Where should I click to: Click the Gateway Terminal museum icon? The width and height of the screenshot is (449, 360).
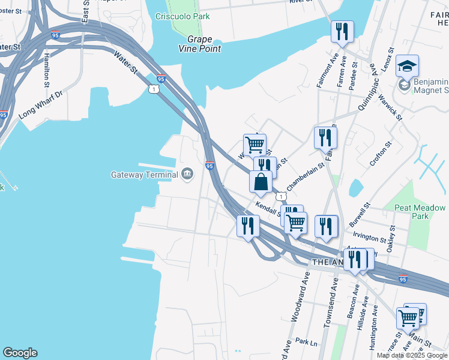pyautogui.click(x=187, y=175)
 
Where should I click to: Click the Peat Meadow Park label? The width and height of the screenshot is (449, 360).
pyautogui.click(x=420, y=212)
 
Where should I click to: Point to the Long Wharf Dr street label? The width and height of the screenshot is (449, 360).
pyautogui.click(x=41, y=103)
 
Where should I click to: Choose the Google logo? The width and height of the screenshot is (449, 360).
pyautogui.click(x=20, y=353)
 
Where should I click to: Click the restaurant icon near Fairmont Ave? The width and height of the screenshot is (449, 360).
pyautogui.click(x=342, y=31)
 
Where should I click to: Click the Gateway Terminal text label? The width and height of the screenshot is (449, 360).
pyautogui.click(x=145, y=175)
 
